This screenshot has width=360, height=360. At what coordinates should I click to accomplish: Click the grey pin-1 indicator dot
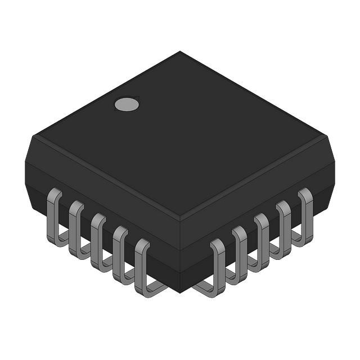click(x=126, y=103)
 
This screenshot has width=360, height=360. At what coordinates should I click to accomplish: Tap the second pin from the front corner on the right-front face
click(x=240, y=250)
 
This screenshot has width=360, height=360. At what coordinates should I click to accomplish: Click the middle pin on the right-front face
click(x=262, y=237)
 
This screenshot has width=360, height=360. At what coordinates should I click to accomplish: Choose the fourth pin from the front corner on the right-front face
click(x=283, y=225)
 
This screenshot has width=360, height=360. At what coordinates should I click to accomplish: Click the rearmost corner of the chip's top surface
click(x=180, y=52)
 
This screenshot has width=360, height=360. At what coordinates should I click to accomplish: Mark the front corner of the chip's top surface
click(x=180, y=217)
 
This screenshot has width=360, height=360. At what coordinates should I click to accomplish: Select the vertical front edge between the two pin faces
click(x=180, y=253)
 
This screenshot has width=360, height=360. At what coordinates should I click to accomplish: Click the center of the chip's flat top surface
click(x=180, y=135)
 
